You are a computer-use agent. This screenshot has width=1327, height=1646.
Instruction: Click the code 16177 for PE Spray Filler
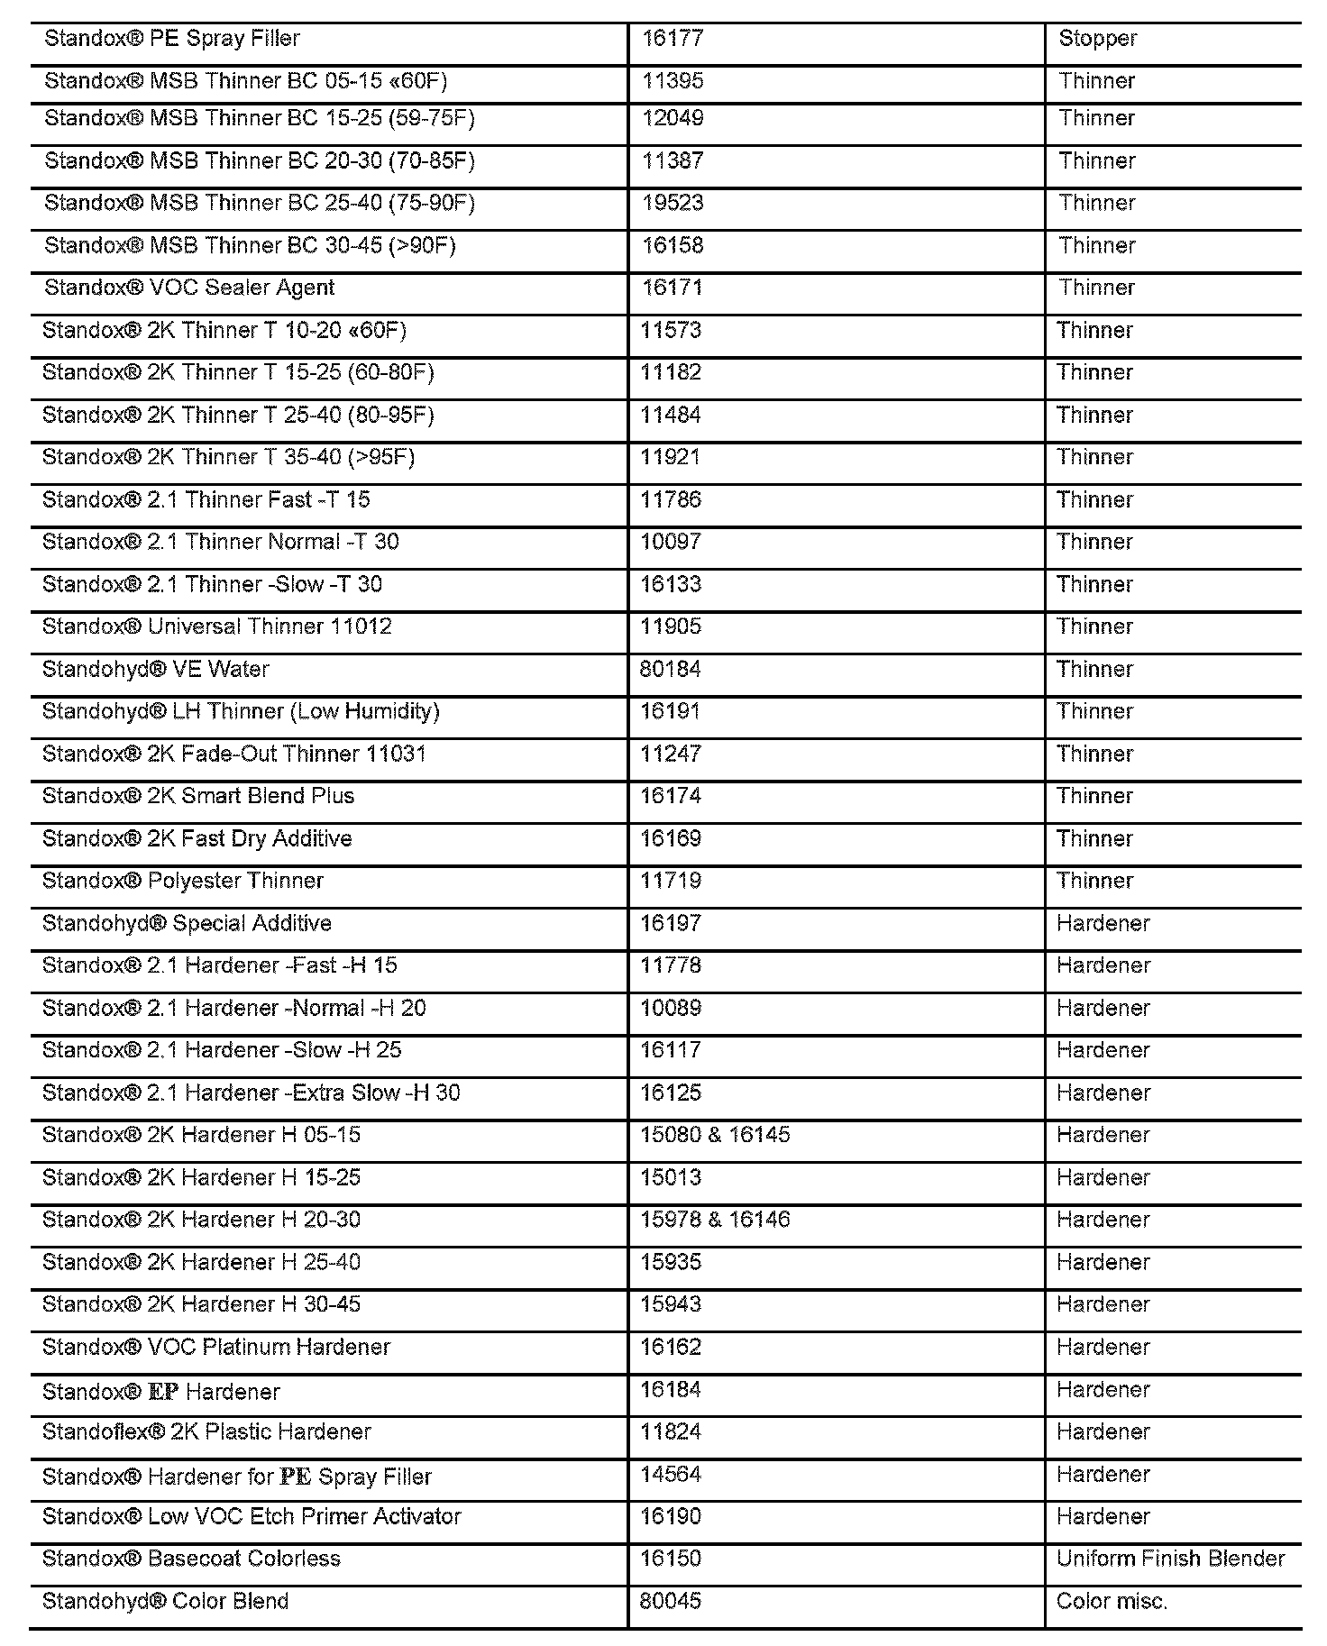[x=672, y=39]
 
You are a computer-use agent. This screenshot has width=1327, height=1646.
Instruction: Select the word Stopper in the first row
[x=1097, y=39]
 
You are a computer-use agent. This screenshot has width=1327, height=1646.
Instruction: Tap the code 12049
[x=672, y=118]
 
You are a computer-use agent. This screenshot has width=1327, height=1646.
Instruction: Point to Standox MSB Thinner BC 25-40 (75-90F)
[x=260, y=203]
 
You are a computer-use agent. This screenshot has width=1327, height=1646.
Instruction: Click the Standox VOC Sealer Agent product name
[x=189, y=288]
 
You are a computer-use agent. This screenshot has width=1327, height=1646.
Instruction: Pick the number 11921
[x=670, y=457]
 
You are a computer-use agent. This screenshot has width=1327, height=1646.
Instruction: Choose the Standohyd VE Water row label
[x=156, y=669]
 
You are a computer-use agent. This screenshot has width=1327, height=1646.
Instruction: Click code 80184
[x=670, y=669]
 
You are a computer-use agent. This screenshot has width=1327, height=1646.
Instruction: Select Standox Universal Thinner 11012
[x=217, y=626]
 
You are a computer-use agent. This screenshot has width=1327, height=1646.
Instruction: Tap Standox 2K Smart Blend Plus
[x=198, y=796]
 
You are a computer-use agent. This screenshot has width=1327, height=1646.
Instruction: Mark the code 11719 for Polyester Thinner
[x=670, y=881]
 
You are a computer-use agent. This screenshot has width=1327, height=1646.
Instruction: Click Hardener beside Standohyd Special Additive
[x=1103, y=923]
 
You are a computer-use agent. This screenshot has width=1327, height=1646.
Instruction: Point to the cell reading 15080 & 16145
[x=715, y=1135]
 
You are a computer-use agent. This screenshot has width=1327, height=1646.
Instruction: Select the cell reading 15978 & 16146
[x=715, y=1220]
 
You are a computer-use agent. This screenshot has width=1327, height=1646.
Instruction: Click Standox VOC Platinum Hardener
[x=216, y=1347]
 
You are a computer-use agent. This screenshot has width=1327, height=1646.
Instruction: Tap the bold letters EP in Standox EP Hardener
[x=163, y=1392]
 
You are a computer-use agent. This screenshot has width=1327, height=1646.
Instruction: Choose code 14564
[x=670, y=1475]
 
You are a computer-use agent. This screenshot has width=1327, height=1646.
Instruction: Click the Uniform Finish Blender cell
[x=1170, y=1559]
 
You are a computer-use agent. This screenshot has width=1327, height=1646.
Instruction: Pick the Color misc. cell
[x=1112, y=1602]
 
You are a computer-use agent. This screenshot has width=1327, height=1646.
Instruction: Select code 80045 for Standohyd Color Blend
[x=670, y=1602]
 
